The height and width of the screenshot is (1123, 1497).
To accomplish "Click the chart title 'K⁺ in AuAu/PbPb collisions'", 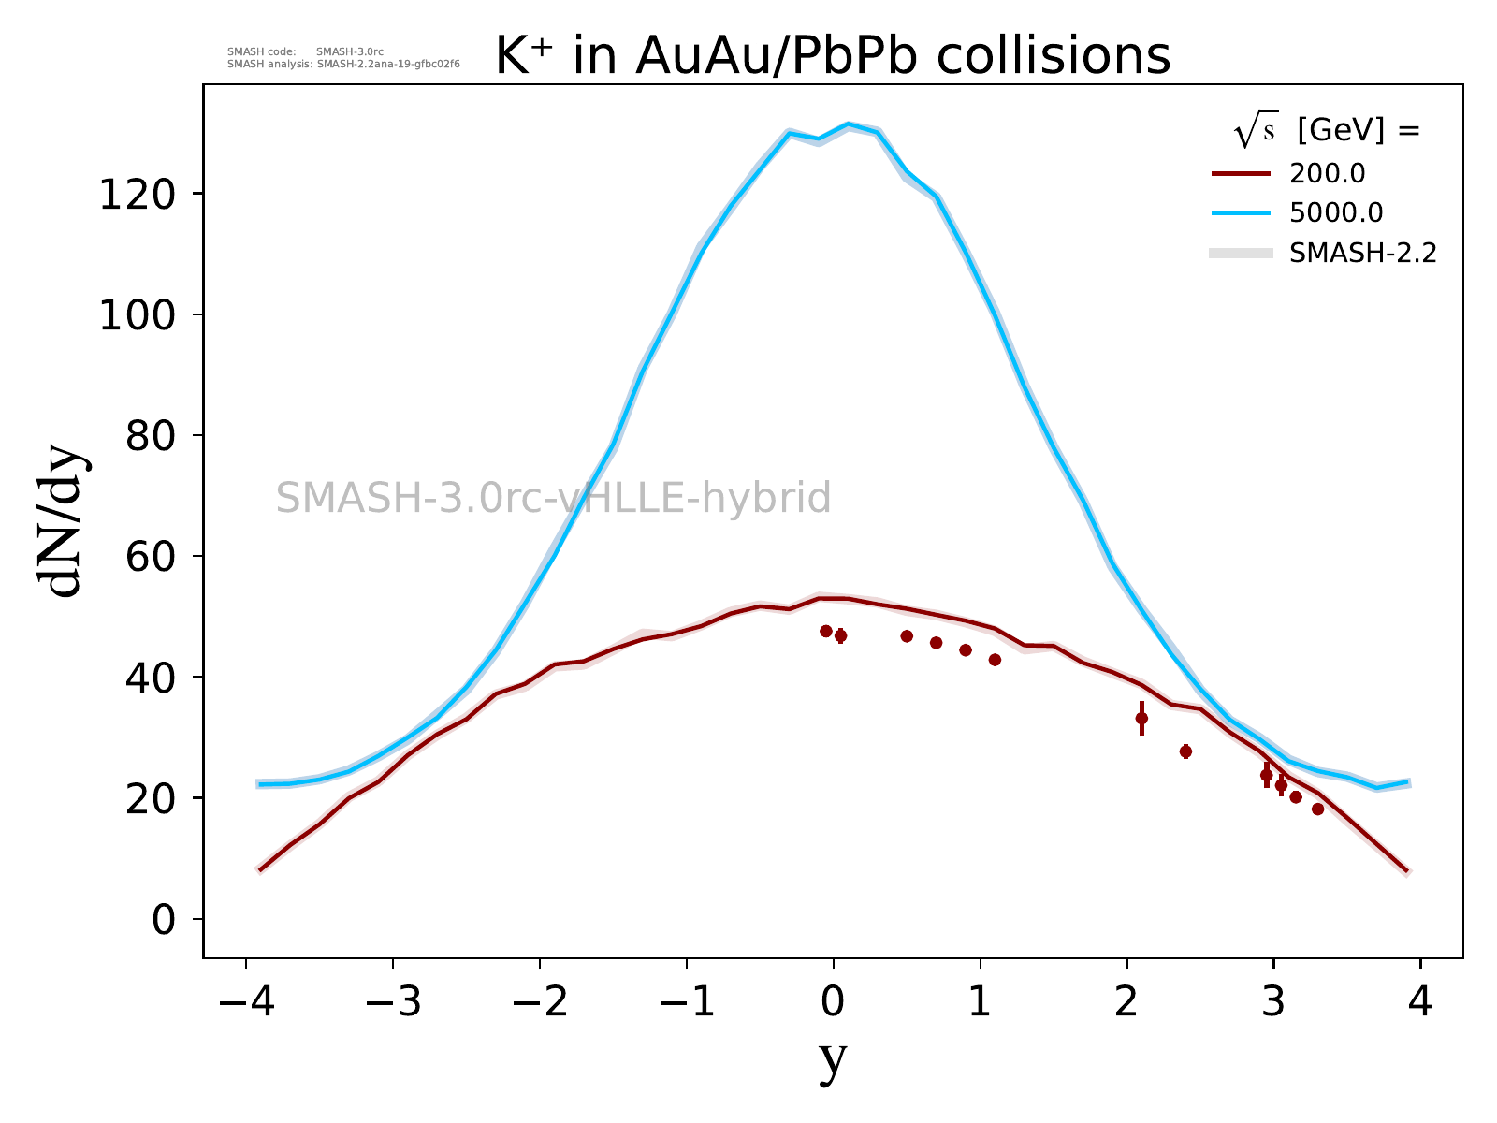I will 833,56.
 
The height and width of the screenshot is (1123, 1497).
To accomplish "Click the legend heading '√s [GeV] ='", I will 1327,132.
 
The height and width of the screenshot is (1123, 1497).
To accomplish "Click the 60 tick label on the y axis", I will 150,557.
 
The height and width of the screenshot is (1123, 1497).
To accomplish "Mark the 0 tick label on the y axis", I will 164,920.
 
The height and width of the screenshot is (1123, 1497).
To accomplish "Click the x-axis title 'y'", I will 833,1059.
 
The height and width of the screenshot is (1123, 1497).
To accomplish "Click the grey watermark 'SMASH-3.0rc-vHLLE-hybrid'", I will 553,498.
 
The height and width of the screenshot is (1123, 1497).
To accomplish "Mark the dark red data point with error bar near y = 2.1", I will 1141,719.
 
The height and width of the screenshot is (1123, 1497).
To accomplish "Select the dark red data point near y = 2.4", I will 1185,751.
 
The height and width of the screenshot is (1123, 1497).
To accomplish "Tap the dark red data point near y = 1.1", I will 995,660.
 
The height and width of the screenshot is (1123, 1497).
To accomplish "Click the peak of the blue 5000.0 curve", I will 848,124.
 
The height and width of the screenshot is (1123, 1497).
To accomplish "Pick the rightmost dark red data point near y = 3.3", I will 1317,809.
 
